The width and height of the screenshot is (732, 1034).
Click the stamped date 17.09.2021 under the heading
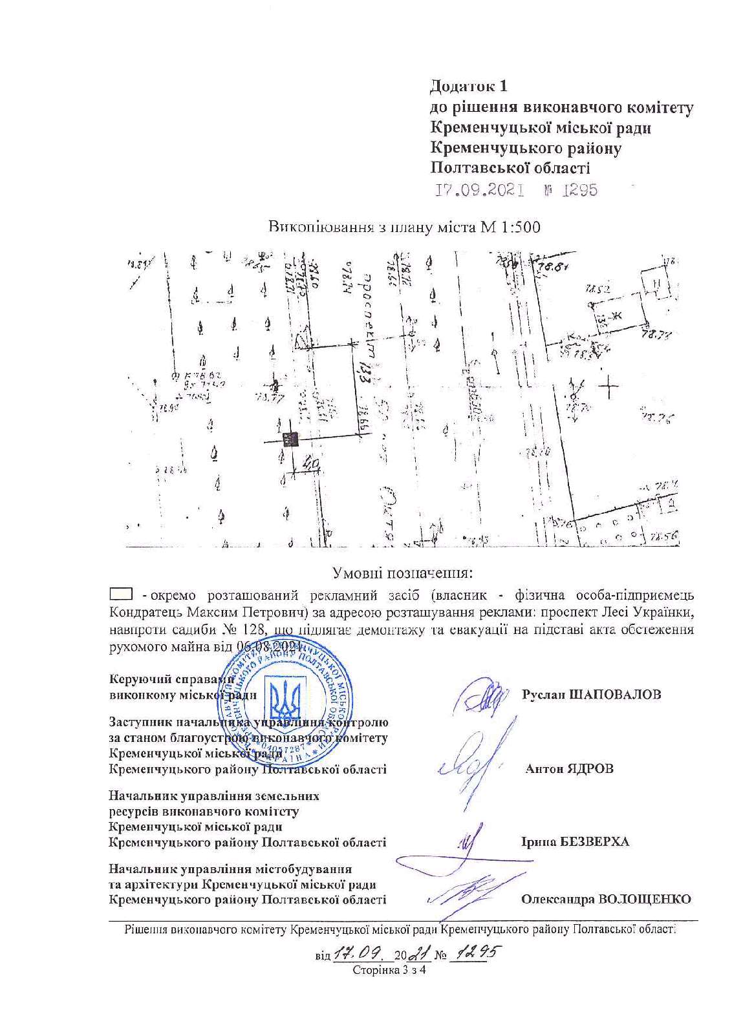coord(479,191)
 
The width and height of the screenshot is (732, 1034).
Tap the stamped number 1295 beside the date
coord(580,191)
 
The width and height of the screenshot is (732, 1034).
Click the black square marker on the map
coord(289,439)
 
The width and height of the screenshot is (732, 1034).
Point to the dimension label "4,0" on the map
coord(311,463)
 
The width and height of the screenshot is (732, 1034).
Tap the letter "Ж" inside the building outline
coord(615,315)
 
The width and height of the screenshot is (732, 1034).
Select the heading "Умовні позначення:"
coord(402,573)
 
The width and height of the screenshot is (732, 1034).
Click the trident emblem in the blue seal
coord(285,699)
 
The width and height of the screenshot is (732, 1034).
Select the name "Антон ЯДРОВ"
coord(570,769)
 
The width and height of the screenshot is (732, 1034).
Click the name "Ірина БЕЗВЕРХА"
coord(574,842)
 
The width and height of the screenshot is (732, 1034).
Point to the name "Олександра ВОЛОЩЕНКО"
coord(606,899)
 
